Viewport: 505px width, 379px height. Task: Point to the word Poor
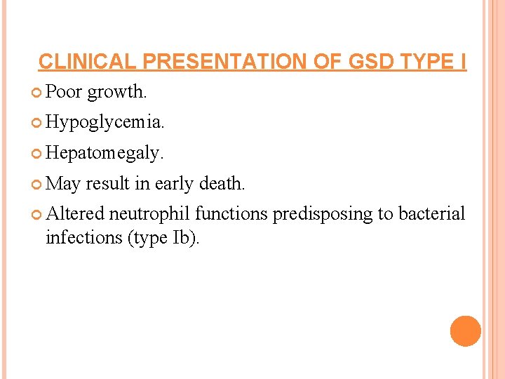[x=64, y=91]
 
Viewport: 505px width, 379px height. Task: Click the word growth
[x=117, y=92]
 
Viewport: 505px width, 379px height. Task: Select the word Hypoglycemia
[x=105, y=123]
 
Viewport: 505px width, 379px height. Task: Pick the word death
[x=222, y=184]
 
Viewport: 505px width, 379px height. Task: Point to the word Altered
[x=74, y=214]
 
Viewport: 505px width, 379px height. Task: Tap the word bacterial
[x=431, y=214]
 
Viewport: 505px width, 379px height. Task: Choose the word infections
[x=84, y=237]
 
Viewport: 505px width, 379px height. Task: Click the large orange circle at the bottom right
[x=465, y=331]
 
